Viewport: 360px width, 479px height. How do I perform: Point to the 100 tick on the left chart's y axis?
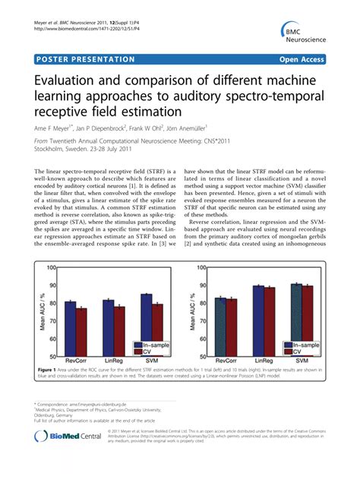coord(52,267)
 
